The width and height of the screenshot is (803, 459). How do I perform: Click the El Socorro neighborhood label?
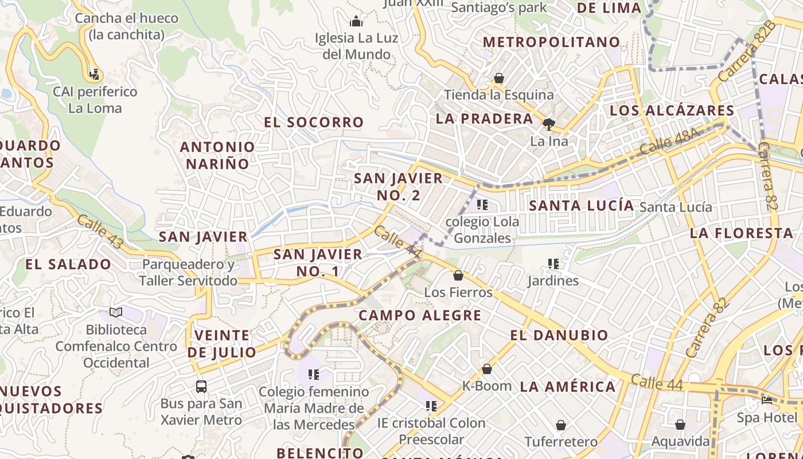click(314, 122)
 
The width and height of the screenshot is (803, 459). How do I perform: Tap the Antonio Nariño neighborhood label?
click(217, 155)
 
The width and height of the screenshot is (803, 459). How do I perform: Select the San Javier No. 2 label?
click(398, 186)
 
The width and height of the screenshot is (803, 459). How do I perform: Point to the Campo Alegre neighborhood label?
click(420, 315)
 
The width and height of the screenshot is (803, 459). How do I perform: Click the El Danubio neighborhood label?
click(559, 335)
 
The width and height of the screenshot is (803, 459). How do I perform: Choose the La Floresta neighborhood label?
click(741, 233)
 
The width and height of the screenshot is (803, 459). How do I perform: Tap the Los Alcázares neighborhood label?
click(672, 110)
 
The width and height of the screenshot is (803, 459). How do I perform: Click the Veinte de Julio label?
click(222, 344)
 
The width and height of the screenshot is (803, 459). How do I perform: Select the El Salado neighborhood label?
click(68, 264)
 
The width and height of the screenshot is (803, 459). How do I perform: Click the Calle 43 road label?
click(100, 232)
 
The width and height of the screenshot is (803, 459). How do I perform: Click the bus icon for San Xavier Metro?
click(201, 386)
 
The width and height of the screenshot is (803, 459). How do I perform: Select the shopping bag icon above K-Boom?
click(487, 369)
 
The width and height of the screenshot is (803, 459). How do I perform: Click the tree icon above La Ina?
click(549, 124)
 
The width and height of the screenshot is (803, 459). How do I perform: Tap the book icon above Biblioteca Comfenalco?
click(116, 313)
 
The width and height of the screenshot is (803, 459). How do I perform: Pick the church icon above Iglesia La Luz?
click(356, 22)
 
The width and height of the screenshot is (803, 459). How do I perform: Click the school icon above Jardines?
click(553, 264)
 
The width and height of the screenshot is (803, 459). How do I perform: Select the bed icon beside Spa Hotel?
click(767, 400)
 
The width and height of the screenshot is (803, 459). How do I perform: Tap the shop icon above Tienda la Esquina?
click(499, 78)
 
